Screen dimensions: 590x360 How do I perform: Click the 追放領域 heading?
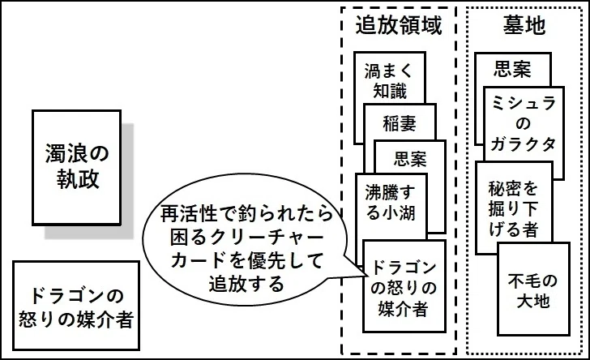(399, 25)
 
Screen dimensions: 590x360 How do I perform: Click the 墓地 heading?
(524, 25)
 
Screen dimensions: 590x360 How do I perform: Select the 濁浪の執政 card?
(76, 168)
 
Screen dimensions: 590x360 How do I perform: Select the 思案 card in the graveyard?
(512, 70)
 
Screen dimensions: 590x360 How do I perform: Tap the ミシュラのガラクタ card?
(524, 124)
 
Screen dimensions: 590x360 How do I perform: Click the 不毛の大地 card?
(533, 289)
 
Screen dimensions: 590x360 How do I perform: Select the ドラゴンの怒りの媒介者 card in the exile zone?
(404, 286)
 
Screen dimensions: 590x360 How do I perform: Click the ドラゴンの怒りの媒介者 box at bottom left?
(76, 306)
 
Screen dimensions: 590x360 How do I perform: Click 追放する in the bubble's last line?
(246, 283)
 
